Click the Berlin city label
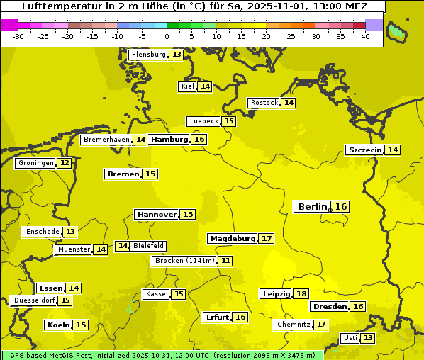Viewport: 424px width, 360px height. pos(312,207)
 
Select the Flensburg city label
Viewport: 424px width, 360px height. pos(148,55)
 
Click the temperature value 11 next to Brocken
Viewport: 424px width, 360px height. pos(225,261)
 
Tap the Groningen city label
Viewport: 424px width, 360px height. pos(35,163)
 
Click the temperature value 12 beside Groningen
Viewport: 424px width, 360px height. pos(65,163)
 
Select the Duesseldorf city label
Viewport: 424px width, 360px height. pos(34,300)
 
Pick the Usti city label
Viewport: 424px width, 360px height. pos(350,338)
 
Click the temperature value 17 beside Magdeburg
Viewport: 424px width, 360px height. pos(267,239)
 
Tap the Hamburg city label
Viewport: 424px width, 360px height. pos(169,140)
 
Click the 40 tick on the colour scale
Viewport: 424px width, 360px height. pos(365,36)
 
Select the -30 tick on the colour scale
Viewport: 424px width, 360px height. pos(18,36)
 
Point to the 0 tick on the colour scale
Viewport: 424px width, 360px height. pos(167,36)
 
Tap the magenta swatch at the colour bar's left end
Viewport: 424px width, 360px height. pos(9,25)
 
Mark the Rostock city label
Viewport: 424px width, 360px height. pos(264,103)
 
